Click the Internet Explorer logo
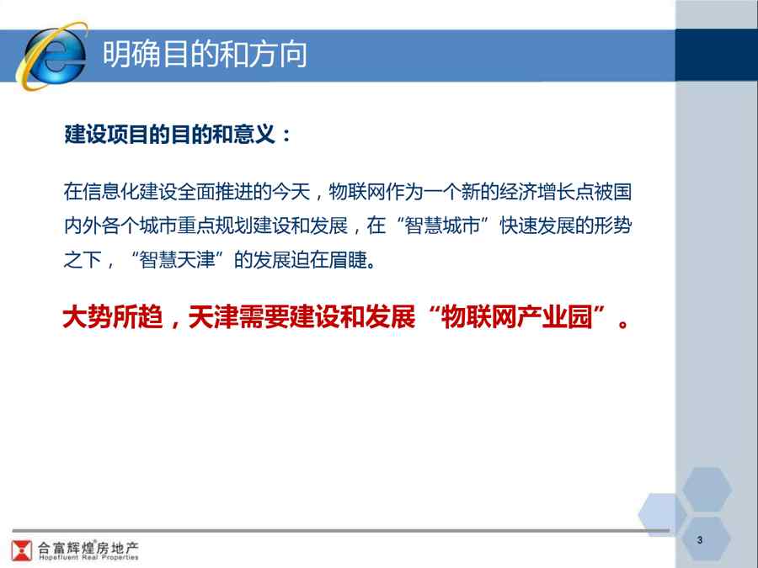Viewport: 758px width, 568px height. pos(52,56)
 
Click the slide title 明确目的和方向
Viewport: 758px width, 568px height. pos(205,54)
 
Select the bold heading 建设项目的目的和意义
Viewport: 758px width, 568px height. pos(169,134)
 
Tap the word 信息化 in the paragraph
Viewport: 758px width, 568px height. pos(110,192)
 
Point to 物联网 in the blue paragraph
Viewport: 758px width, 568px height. pos(357,192)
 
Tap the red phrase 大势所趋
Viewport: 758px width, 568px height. pos(113,317)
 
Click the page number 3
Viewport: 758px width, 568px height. pos(700,540)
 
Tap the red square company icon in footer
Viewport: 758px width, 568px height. pos(21,550)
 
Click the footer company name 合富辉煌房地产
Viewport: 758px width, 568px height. pos(88,548)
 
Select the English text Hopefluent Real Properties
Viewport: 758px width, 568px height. pos(88,557)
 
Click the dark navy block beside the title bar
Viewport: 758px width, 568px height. pos(717,55)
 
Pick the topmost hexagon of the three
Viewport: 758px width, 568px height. pos(707,489)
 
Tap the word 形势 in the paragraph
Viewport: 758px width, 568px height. pos(612,226)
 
